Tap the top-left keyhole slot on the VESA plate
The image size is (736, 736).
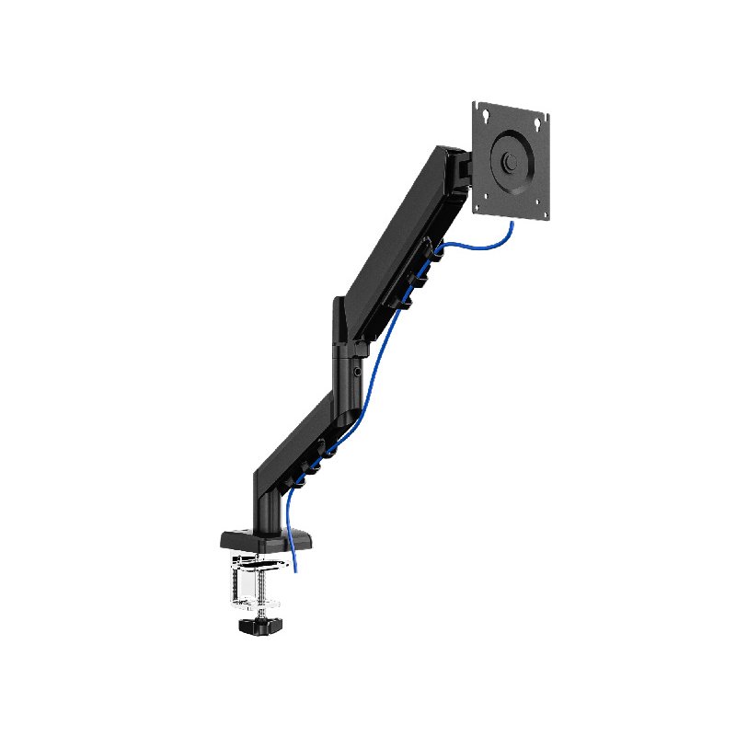pyautogui.click(x=485, y=115)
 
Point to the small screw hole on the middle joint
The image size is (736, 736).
pyautogui.click(x=358, y=373)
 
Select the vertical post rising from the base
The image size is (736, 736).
pyautogui.click(x=266, y=501)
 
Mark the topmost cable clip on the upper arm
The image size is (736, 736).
pyautogui.click(x=432, y=248)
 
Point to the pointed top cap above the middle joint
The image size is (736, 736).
pyautogui.click(x=338, y=313)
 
